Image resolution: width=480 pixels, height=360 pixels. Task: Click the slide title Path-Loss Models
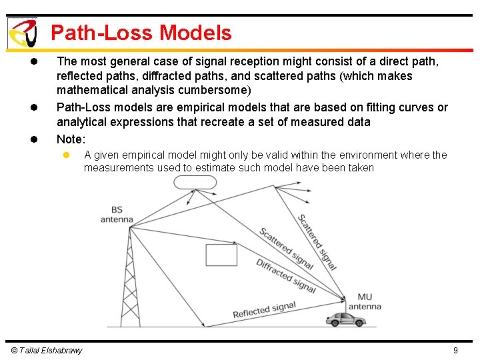[141, 33]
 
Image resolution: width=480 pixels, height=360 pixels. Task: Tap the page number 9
[455, 351]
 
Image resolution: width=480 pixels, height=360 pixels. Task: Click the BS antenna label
[117, 214]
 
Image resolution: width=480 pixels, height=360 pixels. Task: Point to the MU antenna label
[365, 302]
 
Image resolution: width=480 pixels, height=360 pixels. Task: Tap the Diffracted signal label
[286, 275]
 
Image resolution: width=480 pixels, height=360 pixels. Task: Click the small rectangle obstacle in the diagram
[221, 255]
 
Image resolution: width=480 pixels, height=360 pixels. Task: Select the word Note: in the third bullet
[71, 139]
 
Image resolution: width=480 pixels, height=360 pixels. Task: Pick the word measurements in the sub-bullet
[119, 168]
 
